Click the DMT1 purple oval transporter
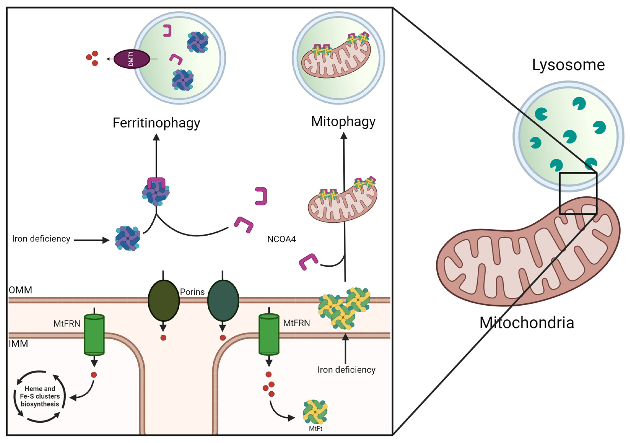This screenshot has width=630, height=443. pos(132,59)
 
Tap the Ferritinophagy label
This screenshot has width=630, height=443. pos(156,123)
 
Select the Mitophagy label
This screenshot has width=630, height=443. pos(343,122)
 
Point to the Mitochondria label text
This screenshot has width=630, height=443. pos(527,323)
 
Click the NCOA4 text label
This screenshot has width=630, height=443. pos(281,239)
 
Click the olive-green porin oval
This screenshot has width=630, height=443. pos(163,300)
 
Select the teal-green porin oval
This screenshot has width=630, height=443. pos(223,300)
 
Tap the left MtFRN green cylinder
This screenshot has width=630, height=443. pos(94,334)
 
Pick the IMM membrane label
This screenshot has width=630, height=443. pos(18,344)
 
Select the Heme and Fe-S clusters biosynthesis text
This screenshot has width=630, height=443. pos(40,396)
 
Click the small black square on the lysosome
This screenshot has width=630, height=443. pos(578,193)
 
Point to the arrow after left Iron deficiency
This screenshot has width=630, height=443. pos(92,240)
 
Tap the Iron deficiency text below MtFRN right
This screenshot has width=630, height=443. pos(346,370)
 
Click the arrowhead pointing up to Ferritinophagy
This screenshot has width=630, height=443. pos(156,137)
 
